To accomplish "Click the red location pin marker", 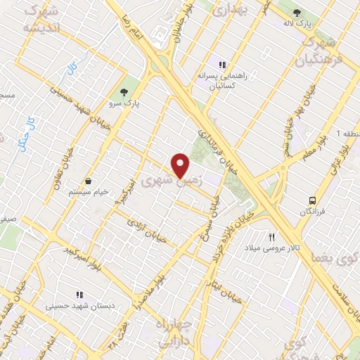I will click(x=181, y=165).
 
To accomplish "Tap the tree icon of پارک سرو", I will click(x=125, y=92).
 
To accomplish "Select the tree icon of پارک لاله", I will click(x=296, y=13).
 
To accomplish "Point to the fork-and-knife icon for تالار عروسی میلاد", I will click(x=271, y=238).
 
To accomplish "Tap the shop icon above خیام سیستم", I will click(x=88, y=181).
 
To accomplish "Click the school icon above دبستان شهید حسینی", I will click(x=79, y=295).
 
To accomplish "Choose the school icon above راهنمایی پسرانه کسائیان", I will click(x=222, y=65).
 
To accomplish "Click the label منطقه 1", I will click(x=347, y=133).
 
